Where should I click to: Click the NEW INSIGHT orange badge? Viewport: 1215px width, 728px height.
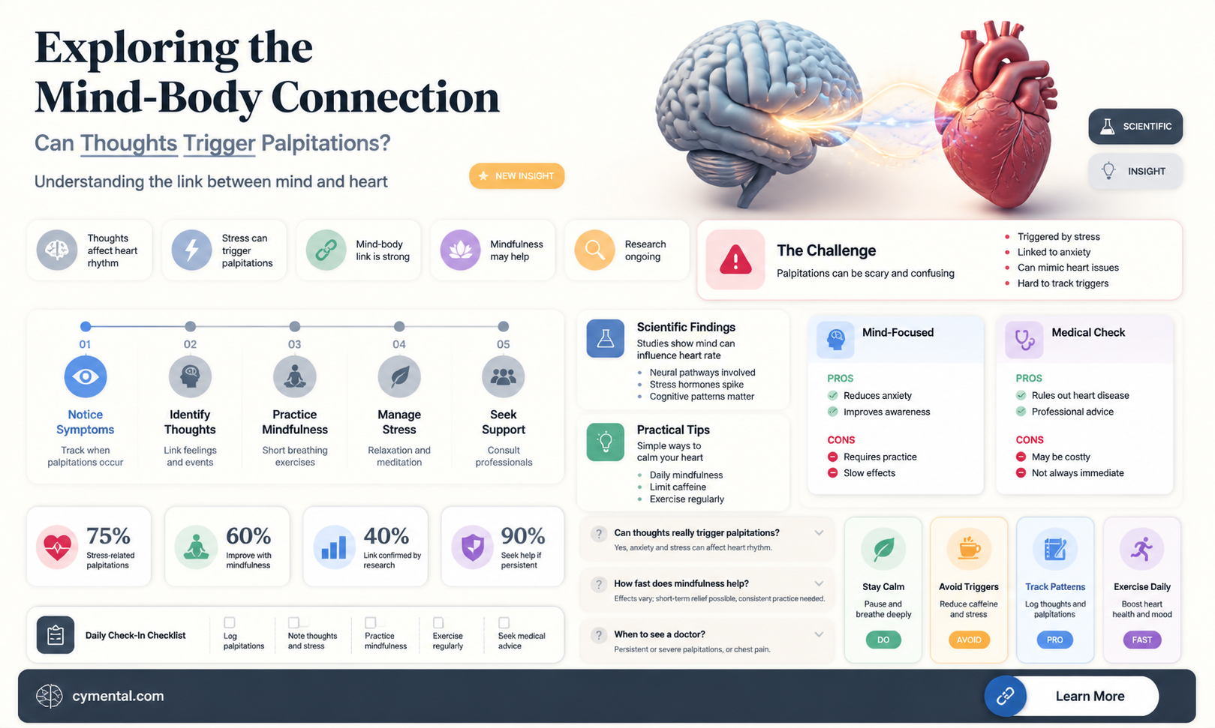pyautogui.click(x=516, y=175)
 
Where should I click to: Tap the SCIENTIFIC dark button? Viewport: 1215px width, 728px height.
pyautogui.click(x=1135, y=126)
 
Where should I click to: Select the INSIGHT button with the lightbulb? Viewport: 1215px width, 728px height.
pyautogui.click(x=1135, y=171)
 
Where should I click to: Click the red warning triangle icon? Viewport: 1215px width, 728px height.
pyautogui.click(x=735, y=259)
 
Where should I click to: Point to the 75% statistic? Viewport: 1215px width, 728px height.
pyautogui.click(x=109, y=535)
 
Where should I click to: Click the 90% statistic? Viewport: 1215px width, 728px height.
pyautogui.click(x=523, y=535)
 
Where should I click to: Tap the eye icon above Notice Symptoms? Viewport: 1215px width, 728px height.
pyautogui.click(x=85, y=376)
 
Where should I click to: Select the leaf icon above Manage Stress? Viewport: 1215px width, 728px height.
pyautogui.click(x=399, y=376)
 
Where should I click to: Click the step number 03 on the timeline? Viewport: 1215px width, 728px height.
pyautogui.click(x=294, y=344)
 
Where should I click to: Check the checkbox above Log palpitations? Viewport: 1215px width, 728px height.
pyautogui.click(x=230, y=622)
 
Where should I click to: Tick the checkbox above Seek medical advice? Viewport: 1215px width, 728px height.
pyautogui.click(x=504, y=622)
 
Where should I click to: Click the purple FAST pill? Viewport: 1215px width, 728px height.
pyautogui.click(x=1141, y=640)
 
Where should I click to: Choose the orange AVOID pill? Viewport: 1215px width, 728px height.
pyautogui.click(x=969, y=640)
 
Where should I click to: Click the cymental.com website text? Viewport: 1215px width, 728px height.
pyautogui.click(x=118, y=696)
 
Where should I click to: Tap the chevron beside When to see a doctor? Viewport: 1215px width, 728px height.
pyautogui.click(x=819, y=634)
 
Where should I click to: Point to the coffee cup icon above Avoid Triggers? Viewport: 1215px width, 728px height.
pyautogui.click(x=969, y=549)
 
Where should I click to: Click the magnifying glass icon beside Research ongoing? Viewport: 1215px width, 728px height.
pyautogui.click(x=594, y=250)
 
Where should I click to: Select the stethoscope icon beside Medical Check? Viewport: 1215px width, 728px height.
pyautogui.click(x=1024, y=340)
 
